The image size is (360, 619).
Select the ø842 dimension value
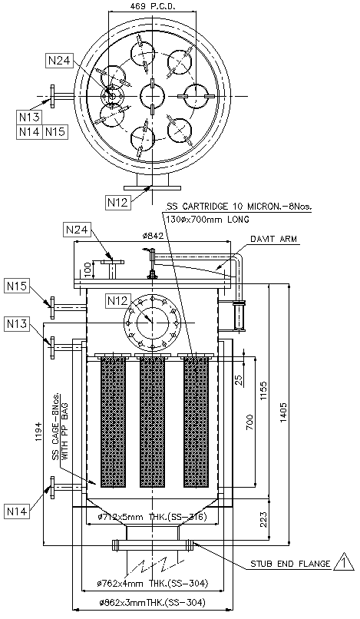pos(154,236)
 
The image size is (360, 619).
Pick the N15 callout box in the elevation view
pos(18,286)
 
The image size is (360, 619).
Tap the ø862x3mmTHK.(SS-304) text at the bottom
pos(153,603)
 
